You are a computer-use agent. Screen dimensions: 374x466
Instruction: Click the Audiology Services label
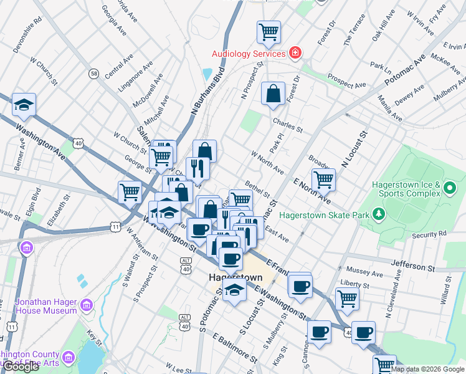pyautogui.click(x=249, y=54)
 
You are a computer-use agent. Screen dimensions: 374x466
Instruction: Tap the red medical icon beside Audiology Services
pyautogui.click(x=295, y=54)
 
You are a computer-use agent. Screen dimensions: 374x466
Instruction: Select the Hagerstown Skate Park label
pyautogui.click(x=325, y=215)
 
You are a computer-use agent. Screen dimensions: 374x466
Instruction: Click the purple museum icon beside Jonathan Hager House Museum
pyautogui.click(x=87, y=305)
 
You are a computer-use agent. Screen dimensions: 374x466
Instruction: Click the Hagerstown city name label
pyautogui.click(x=234, y=277)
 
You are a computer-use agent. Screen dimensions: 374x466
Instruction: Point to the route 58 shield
pyautogui.click(x=93, y=74)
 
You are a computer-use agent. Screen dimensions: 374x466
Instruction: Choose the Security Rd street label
pyautogui.click(x=429, y=234)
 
